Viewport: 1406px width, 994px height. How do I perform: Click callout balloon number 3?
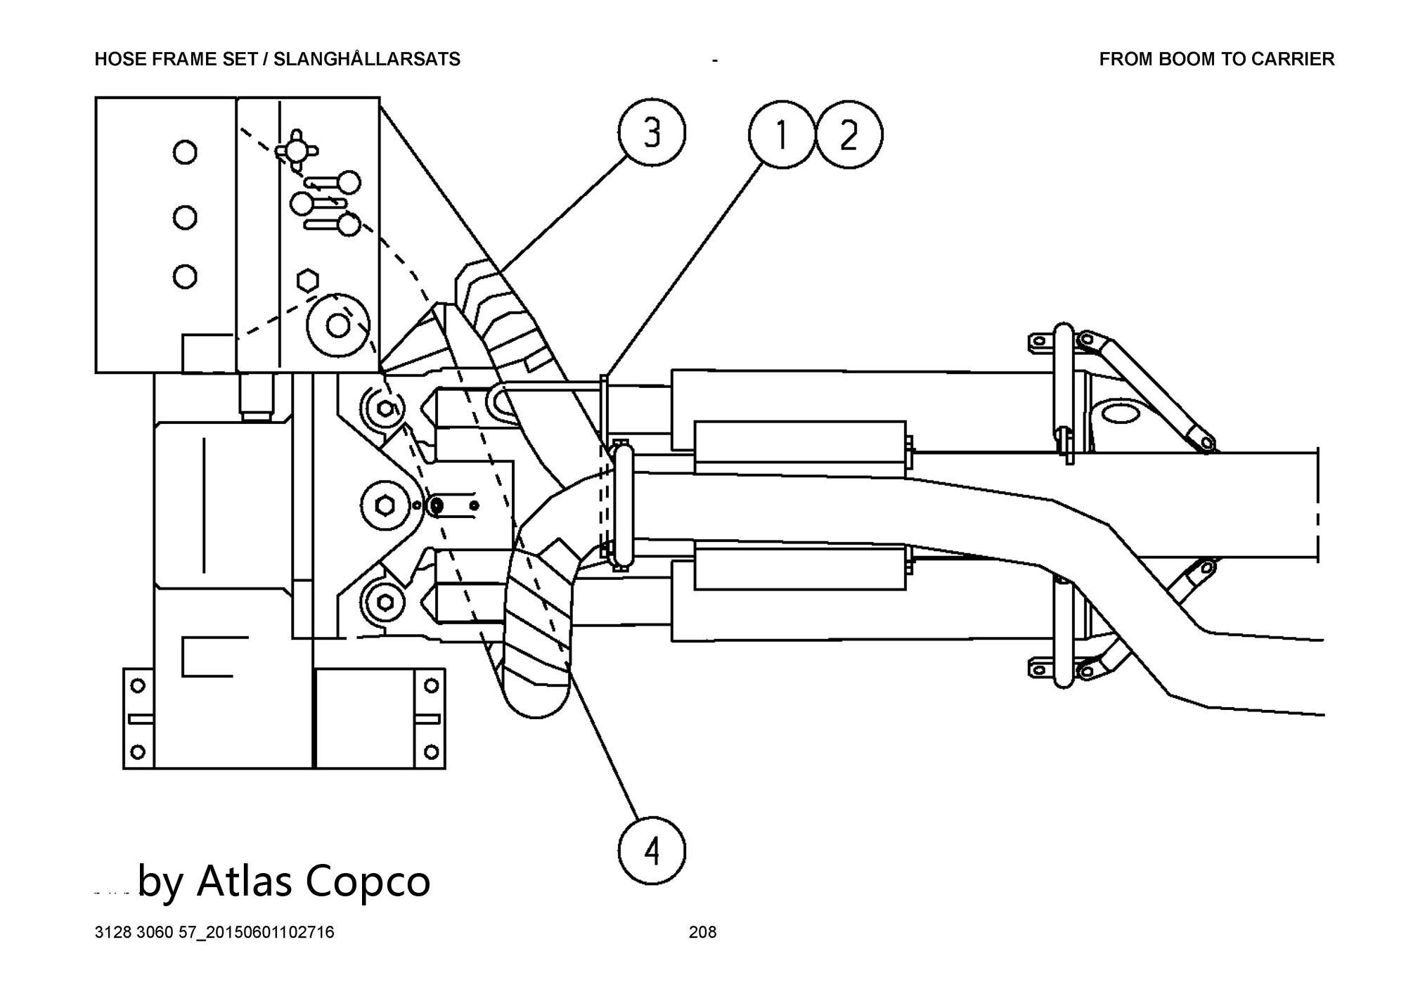(652, 133)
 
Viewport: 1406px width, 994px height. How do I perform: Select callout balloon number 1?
(781, 135)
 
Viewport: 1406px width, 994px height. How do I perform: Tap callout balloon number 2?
(849, 135)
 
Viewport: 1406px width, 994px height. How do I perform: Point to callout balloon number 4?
(652, 852)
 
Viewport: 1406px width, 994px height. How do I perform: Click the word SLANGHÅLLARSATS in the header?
(367, 60)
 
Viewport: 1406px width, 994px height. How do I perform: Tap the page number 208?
(702, 932)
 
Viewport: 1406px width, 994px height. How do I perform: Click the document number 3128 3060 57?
(144, 933)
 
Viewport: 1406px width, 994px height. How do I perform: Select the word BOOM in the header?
(1183, 60)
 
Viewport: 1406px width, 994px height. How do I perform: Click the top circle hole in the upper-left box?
(185, 152)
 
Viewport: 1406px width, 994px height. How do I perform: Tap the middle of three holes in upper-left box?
(185, 217)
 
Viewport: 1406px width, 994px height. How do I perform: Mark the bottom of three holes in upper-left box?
(185, 276)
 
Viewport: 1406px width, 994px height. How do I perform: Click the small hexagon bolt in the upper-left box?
(307, 279)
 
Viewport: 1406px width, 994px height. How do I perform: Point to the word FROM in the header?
(1126, 60)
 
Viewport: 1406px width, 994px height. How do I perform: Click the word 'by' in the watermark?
(160, 882)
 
